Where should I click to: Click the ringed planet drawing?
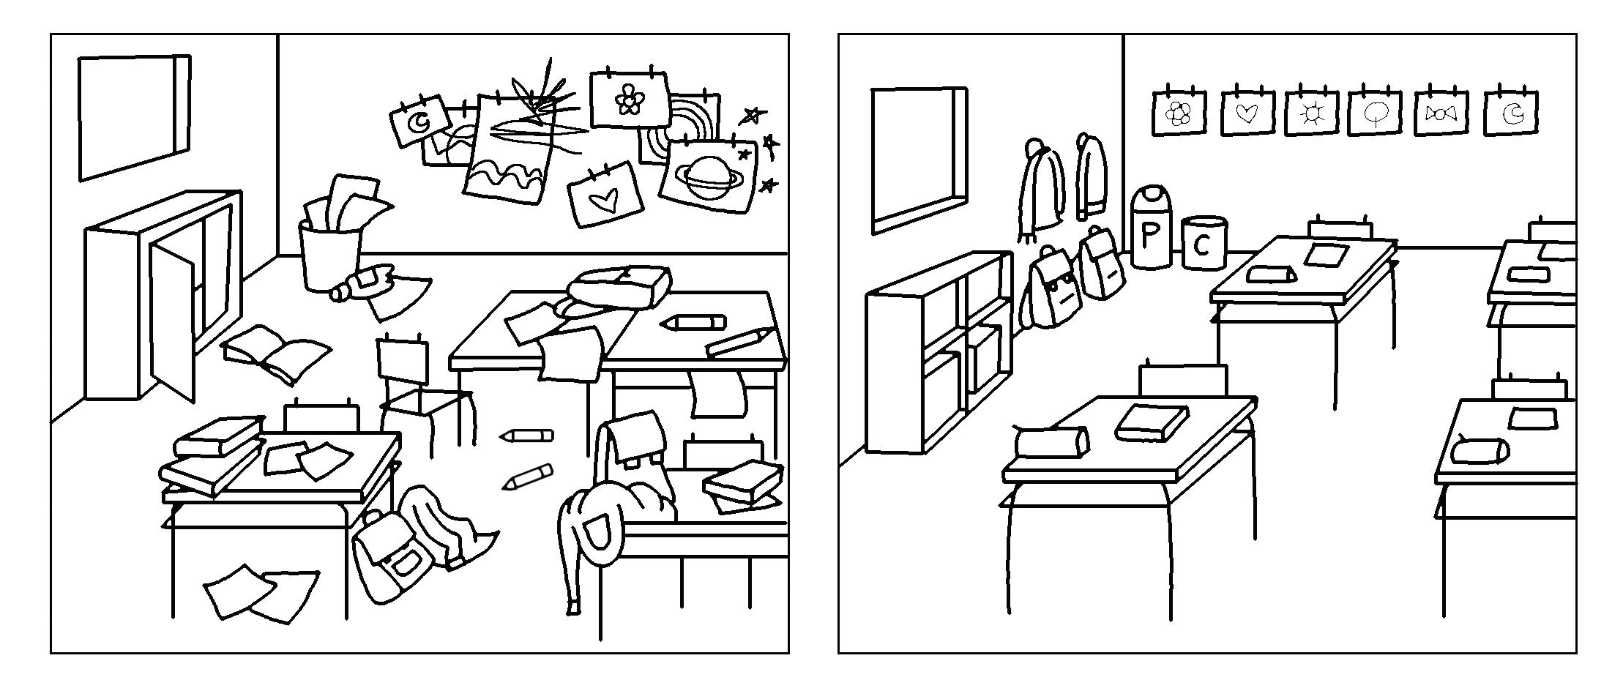(706, 174)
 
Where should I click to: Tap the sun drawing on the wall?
(1311, 113)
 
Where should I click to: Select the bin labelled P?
(1151, 228)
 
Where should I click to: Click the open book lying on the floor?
(275, 352)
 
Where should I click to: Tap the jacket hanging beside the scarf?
(1091, 176)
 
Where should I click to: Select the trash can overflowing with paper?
(329, 253)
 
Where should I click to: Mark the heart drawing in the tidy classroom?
(1247, 113)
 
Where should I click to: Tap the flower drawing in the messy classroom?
(628, 99)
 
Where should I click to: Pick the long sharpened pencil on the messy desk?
(739, 340)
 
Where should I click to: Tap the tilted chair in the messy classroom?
(417, 388)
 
